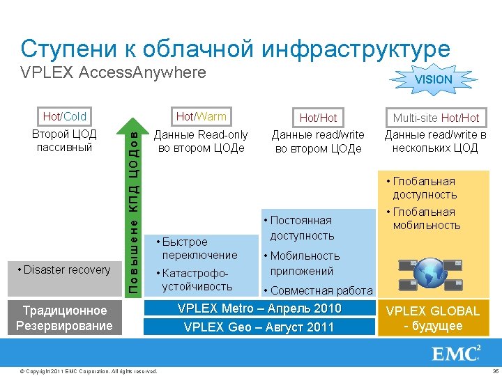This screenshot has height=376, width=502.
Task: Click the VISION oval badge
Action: pos(433,79)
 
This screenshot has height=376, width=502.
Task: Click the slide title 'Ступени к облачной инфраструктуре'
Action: pos(235,48)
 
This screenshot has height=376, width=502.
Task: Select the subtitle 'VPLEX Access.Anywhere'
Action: pos(114,72)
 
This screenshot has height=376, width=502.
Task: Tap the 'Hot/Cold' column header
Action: pos(65,116)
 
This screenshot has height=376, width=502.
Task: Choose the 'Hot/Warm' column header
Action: pos(201,116)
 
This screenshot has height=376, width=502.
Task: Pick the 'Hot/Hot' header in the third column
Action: pos(318,118)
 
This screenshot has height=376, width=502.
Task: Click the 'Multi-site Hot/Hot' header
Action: pos(436,118)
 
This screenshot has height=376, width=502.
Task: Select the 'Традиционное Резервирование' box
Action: pos(66,318)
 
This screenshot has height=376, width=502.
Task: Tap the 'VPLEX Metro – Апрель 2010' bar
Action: pos(259,308)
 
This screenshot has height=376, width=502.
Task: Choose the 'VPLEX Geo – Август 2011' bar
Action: pos(259,327)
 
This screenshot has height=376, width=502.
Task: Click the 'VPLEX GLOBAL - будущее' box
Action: pos(433,318)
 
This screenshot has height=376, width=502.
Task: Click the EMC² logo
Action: pos(457,354)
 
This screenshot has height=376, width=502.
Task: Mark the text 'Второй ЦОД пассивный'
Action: pos(65,140)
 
